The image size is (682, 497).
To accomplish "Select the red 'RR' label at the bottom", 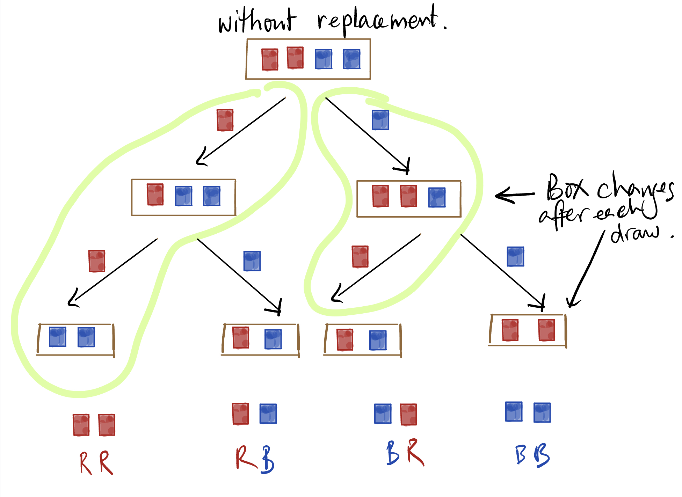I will [x=96, y=463].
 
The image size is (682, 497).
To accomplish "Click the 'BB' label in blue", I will [x=532, y=455].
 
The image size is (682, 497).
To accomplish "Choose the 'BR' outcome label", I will [x=405, y=453].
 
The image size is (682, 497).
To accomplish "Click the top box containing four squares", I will [x=308, y=59].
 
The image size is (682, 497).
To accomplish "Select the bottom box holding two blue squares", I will [x=75, y=339].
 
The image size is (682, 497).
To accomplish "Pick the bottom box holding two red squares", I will [x=527, y=330].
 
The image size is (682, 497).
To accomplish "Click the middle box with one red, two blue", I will [x=183, y=197].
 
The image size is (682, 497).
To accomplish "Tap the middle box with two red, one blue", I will [x=409, y=198].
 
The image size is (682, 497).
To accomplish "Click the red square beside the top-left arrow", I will [x=225, y=120].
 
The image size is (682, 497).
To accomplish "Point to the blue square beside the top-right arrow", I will [x=380, y=120].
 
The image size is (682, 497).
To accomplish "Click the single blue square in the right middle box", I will [x=437, y=197].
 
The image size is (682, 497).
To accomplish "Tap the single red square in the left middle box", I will [x=155, y=195].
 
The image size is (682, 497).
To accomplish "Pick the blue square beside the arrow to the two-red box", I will [x=515, y=256].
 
